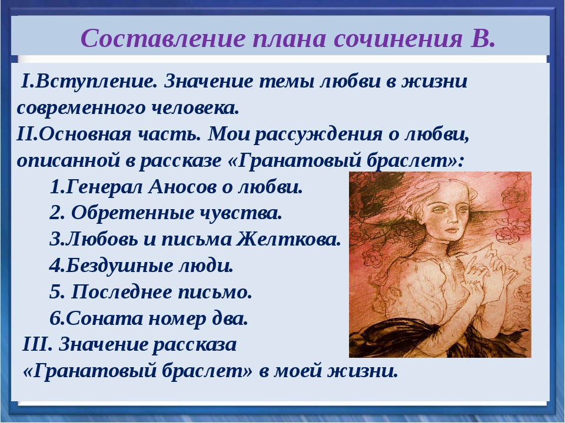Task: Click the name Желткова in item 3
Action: [x=288, y=239]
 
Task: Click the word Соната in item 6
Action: [x=105, y=318]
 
